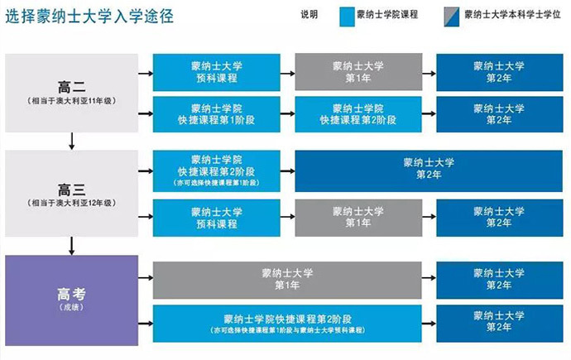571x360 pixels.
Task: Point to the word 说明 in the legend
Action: tap(309, 15)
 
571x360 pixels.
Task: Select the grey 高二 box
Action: tap(71, 93)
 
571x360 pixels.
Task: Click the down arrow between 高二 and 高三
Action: tap(71, 142)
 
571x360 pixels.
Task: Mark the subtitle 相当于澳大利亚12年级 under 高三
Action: tap(71, 203)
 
